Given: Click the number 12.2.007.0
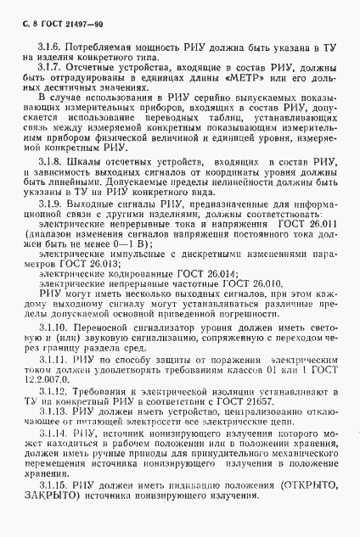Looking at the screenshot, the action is tap(45, 380).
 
